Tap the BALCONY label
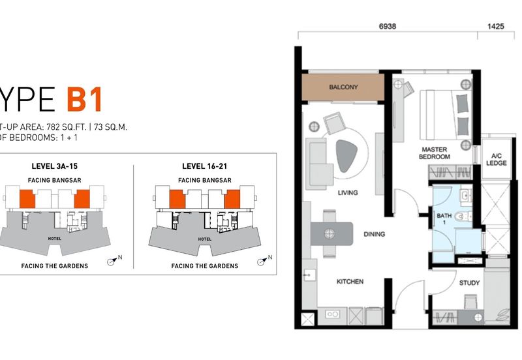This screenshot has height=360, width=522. (343, 87)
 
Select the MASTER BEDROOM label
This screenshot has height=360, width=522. (435, 153)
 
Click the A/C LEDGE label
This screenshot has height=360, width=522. (496, 158)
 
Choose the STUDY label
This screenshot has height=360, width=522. (469, 283)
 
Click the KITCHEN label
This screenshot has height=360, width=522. (350, 282)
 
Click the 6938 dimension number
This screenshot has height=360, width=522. (388, 27)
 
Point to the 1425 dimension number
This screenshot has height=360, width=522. (496, 27)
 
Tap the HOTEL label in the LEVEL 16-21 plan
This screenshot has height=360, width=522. (205, 239)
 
